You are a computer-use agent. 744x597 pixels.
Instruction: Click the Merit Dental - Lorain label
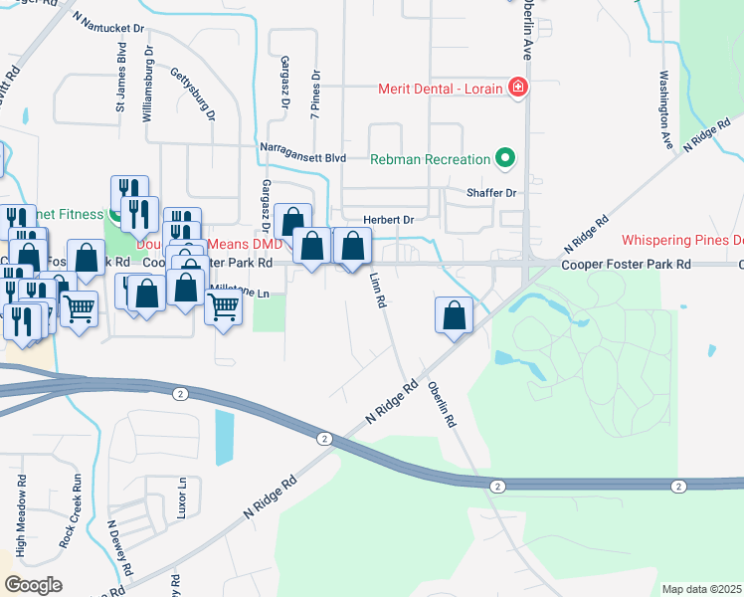click(x=441, y=89)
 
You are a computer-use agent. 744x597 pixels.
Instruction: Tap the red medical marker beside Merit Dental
click(x=517, y=89)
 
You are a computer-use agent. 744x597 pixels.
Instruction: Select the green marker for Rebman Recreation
click(x=505, y=158)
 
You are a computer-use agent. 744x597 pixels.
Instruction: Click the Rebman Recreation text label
click(x=430, y=159)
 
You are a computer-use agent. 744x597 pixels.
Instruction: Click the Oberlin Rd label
click(x=442, y=405)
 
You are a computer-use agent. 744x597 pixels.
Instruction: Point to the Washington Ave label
click(x=665, y=109)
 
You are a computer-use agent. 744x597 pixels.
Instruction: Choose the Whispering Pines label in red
click(x=681, y=240)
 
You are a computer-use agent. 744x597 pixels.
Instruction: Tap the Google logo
click(x=33, y=584)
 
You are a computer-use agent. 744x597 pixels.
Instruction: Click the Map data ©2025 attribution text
click(x=700, y=589)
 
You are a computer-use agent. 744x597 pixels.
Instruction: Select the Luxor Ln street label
click(x=182, y=494)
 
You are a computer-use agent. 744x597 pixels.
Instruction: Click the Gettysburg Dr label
click(x=194, y=95)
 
